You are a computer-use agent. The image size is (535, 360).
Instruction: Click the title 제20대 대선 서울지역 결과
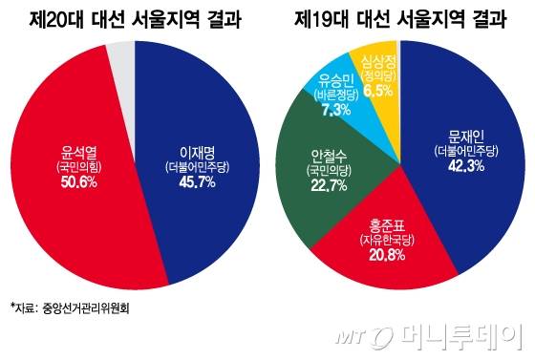[x=135, y=18]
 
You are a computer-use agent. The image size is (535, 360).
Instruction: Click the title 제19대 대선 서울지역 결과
[x=400, y=18]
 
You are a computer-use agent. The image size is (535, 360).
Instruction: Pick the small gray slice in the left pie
[x=120, y=57]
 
